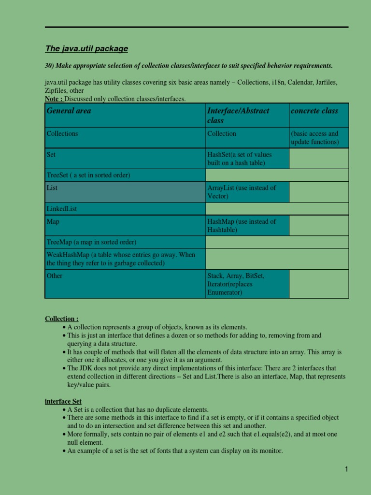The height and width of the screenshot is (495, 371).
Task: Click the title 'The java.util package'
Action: [86, 49]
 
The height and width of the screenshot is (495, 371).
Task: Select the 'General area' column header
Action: [69, 111]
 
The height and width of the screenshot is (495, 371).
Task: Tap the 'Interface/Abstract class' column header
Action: [238, 116]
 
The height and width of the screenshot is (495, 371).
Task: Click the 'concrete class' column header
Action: [314, 111]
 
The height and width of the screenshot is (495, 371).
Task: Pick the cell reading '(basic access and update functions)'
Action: [314, 138]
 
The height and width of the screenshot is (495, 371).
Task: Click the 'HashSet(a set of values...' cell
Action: [240, 159]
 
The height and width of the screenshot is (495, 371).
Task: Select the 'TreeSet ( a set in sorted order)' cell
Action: [88, 175]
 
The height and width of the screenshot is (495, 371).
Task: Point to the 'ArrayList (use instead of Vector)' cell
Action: [241, 192]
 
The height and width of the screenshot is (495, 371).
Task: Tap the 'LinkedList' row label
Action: [62, 209]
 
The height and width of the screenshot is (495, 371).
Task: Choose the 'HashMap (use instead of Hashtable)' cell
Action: [242, 226]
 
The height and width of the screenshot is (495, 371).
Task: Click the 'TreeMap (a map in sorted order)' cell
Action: [91, 242]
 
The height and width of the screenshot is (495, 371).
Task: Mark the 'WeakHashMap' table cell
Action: [124, 259]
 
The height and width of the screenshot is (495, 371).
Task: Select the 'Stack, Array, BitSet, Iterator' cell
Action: [236, 284]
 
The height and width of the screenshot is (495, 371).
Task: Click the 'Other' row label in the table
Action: [55, 276]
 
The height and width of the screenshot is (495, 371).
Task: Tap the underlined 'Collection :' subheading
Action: [62, 319]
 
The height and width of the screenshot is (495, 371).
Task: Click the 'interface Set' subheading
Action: [63, 401]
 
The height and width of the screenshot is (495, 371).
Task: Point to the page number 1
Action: [346, 469]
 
